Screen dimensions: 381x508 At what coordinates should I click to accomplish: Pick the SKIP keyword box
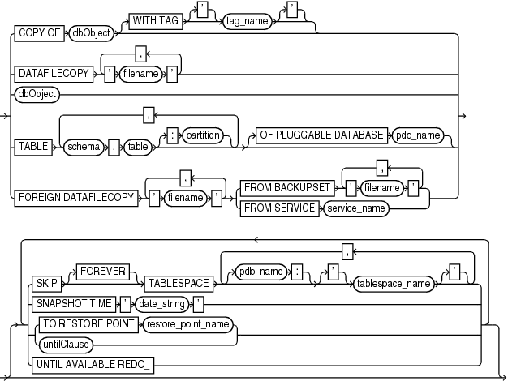point(45,284)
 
